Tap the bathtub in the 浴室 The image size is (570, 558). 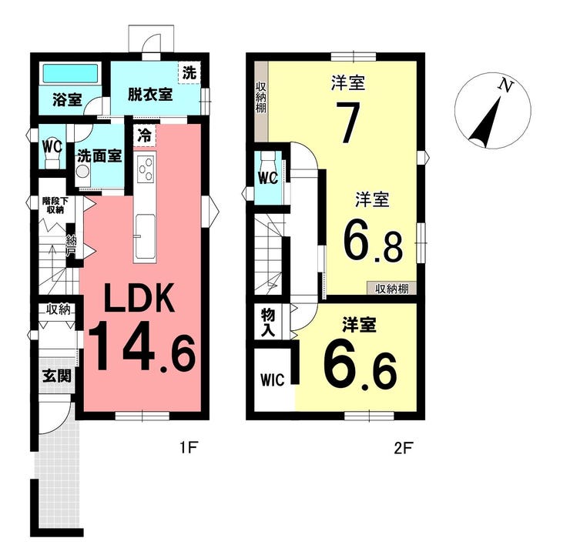71,73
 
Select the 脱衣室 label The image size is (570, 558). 149,95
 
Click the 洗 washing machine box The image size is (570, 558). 189,73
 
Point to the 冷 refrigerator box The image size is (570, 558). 145,135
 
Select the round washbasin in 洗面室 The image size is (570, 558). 83,170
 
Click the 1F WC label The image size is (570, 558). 52,147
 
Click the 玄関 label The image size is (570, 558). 57,376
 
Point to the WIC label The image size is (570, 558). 272,380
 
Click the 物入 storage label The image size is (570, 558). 268,323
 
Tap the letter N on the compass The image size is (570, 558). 505,85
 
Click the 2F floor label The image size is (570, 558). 403,448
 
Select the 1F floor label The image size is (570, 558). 188,448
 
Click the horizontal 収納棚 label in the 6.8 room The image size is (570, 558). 392,289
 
